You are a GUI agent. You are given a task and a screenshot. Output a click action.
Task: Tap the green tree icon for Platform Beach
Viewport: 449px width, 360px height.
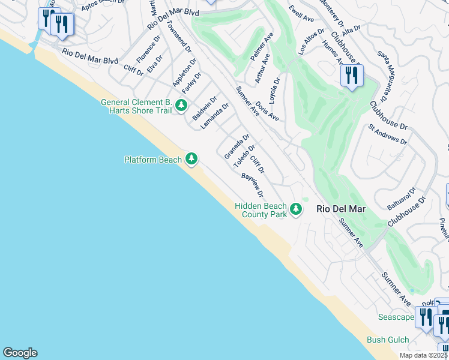(x=191, y=158)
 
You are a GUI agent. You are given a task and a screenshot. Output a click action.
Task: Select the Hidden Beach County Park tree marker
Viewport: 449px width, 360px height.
(x=295, y=209)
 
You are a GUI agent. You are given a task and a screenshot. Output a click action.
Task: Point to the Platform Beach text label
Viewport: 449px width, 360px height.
(x=152, y=160)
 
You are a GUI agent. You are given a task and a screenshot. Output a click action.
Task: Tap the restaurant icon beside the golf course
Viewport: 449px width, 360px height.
(x=351, y=76)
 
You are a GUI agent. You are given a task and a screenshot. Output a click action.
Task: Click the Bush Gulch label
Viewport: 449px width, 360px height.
(x=388, y=340)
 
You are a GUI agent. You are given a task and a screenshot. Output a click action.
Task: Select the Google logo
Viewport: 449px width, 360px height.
(x=20, y=353)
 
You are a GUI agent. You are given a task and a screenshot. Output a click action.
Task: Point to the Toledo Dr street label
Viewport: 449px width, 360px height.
(x=244, y=155)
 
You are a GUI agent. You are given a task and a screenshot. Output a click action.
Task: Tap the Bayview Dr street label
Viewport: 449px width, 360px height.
(x=253, y=185)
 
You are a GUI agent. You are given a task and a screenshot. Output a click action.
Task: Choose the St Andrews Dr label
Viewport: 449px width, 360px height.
(x=388, y=135)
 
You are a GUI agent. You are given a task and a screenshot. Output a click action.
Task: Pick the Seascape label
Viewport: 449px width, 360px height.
(x=396, y=317)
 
